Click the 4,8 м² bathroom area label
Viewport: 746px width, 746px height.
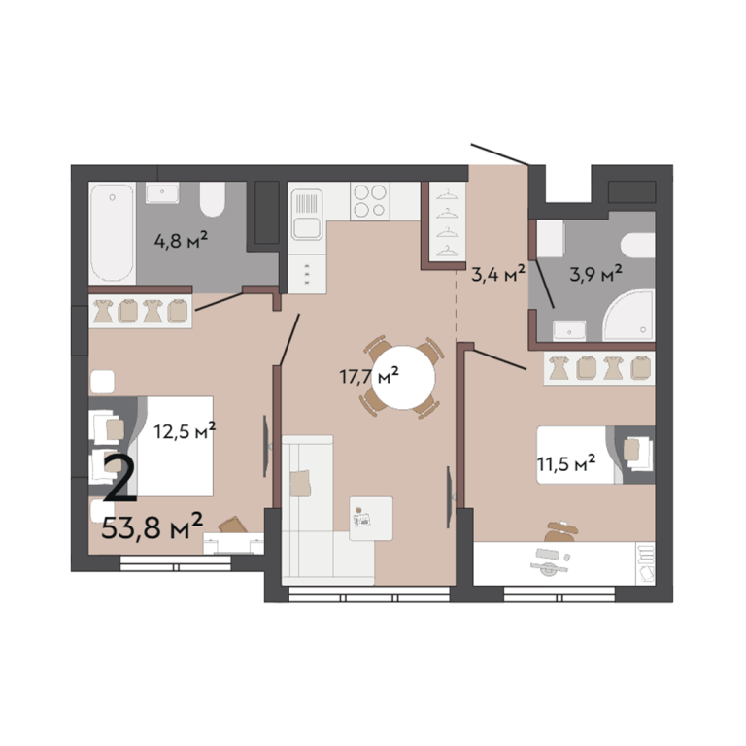click(181, 240)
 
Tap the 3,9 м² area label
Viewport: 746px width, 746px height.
click(596, 273)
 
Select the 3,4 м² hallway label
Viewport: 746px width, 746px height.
click(498, 274)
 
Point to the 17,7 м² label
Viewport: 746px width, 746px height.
click(369, 376)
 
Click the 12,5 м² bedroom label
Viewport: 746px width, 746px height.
click(185, 431)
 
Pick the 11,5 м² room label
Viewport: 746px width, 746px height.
click(566, 463)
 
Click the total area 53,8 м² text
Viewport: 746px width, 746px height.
click(153, 526)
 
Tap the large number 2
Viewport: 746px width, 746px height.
click(119, 478)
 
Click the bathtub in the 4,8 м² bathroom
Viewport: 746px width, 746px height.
click(113, 233)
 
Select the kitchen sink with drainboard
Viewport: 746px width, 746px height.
click(307, 215)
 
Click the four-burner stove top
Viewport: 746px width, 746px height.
click(370, 201)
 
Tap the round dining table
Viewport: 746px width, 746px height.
click(403, 377)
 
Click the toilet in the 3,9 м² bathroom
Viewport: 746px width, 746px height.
click(638, 246)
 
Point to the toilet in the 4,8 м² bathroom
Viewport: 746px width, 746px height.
click(212, 199)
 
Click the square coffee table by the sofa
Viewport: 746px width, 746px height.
click(371, 519)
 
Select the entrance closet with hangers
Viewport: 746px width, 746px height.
click(446, 221)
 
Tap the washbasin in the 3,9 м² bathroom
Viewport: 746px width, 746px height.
click(569, 330)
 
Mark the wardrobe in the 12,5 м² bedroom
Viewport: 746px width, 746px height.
click(140, 311)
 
